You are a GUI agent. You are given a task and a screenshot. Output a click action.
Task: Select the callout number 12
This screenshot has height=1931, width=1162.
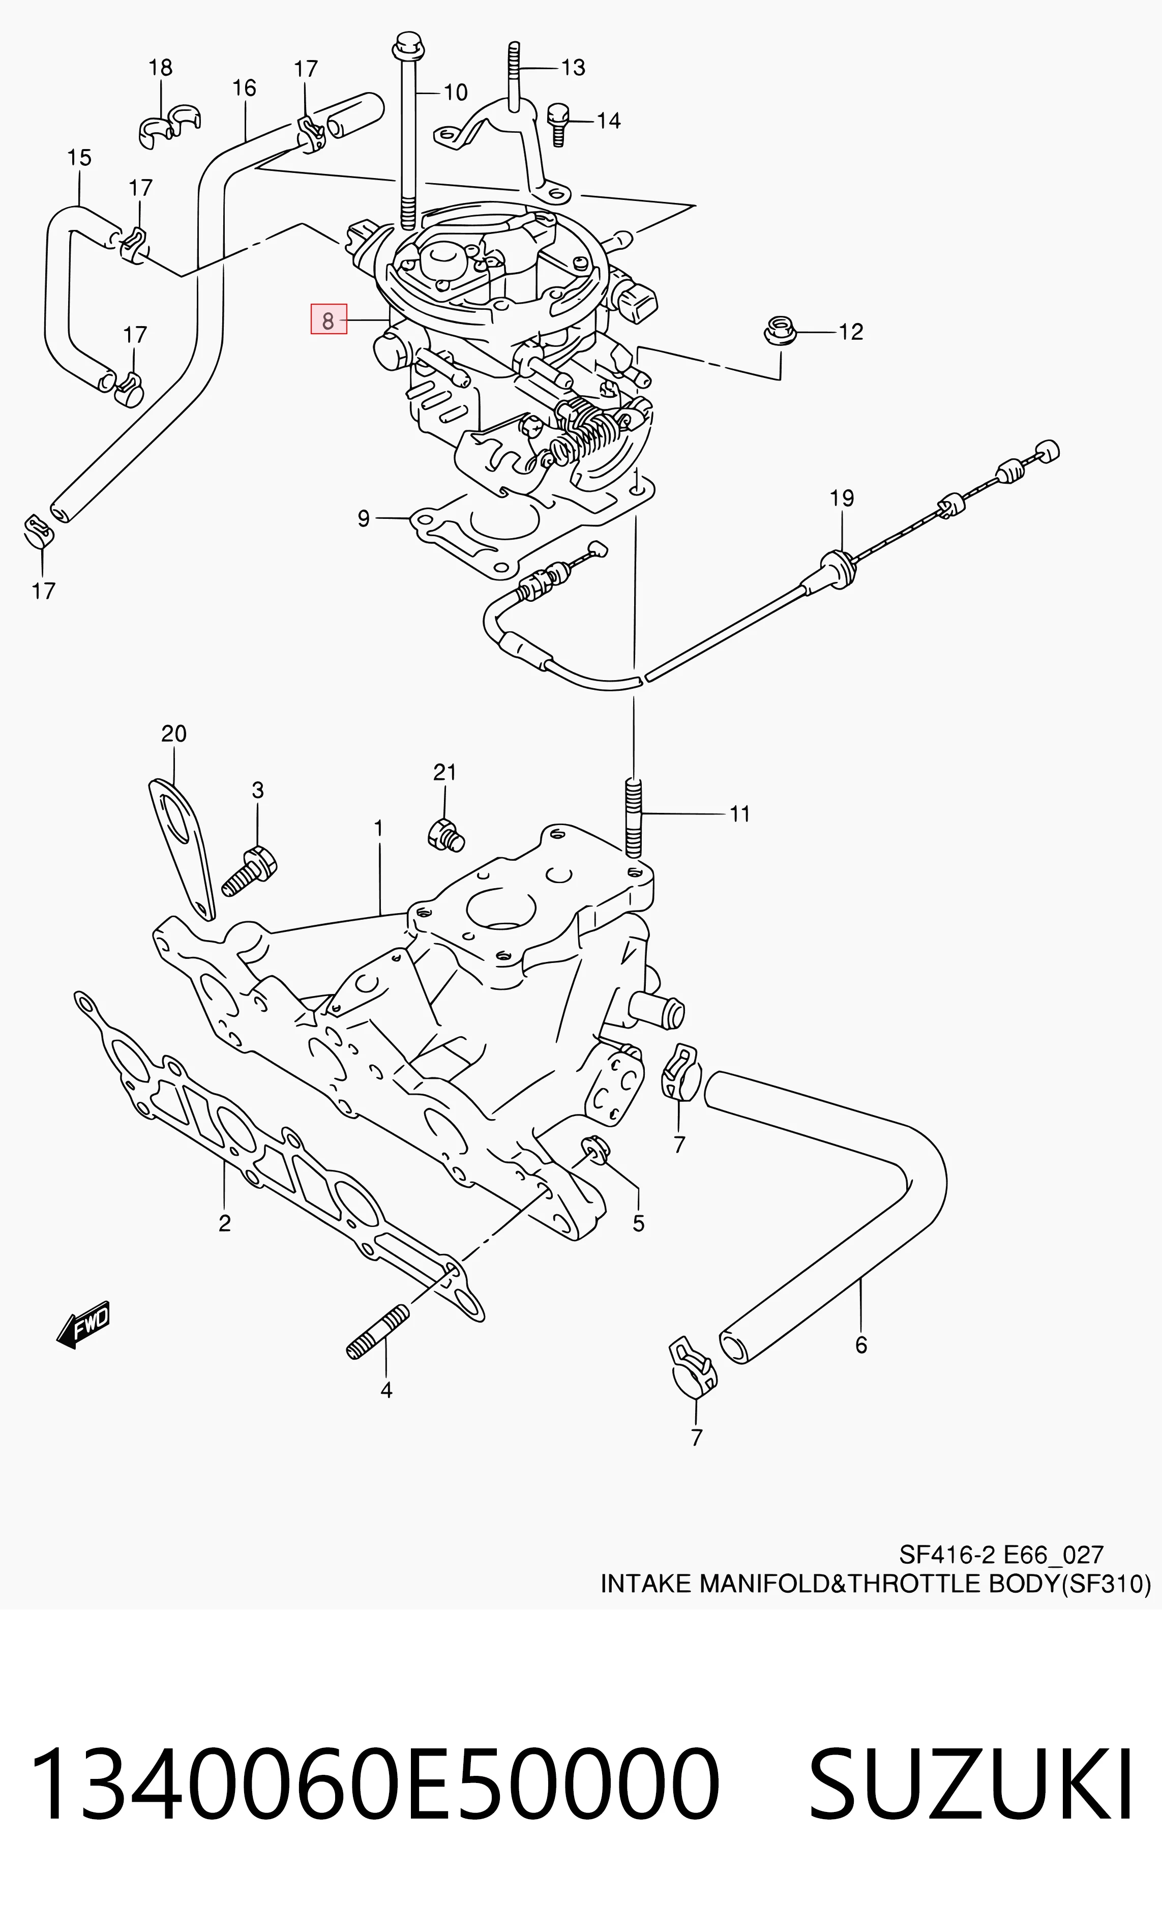click(851, 332)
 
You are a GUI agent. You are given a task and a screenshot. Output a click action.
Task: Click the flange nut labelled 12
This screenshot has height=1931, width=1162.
click(780, 331)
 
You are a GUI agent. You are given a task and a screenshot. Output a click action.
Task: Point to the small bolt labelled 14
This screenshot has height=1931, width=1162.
click(557, 123)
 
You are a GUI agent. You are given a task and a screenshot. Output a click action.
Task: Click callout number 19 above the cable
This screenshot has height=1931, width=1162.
click(842, 498)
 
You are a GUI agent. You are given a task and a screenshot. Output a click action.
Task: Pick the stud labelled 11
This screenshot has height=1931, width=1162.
click(634, 817)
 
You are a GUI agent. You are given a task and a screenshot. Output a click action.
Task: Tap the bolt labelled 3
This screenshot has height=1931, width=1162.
click(251, 871)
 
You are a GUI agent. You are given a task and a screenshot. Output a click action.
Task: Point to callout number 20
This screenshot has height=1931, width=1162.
click(174, 734)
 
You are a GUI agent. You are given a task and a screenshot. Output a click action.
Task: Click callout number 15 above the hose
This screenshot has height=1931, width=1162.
click(79, 157)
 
